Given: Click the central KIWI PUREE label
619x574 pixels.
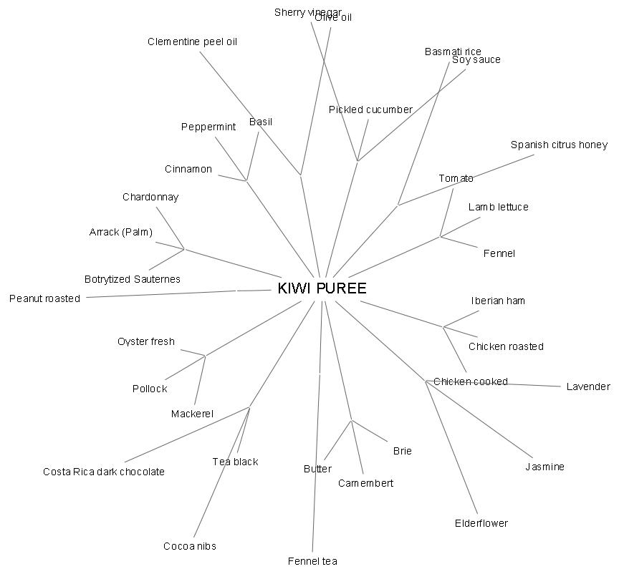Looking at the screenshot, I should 322,288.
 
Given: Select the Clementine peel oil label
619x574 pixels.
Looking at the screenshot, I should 192,42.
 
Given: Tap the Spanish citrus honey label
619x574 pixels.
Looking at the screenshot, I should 559,145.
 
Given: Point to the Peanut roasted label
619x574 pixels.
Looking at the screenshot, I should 44,298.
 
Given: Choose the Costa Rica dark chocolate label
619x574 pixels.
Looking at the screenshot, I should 104,472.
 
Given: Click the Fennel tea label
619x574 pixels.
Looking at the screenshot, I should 312,561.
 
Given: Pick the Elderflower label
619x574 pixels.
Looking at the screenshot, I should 481,523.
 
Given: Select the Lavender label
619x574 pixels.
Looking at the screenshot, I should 588,386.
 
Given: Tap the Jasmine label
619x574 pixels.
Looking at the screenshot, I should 544,467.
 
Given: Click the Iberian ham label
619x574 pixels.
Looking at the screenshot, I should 498,301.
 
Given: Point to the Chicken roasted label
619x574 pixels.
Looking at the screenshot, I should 506,346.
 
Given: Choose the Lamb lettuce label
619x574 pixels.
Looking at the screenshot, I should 499,207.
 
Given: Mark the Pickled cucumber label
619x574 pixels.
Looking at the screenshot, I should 370,110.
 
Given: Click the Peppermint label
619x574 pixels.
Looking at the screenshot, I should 208,127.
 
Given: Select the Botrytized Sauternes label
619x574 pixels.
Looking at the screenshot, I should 133,279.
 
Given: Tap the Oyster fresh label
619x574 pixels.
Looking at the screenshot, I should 146,341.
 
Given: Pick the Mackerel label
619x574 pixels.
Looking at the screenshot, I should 192,414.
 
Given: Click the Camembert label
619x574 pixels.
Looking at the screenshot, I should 365,483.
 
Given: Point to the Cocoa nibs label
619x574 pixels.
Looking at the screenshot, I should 190,546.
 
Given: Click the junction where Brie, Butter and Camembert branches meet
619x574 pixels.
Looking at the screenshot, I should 352,420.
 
